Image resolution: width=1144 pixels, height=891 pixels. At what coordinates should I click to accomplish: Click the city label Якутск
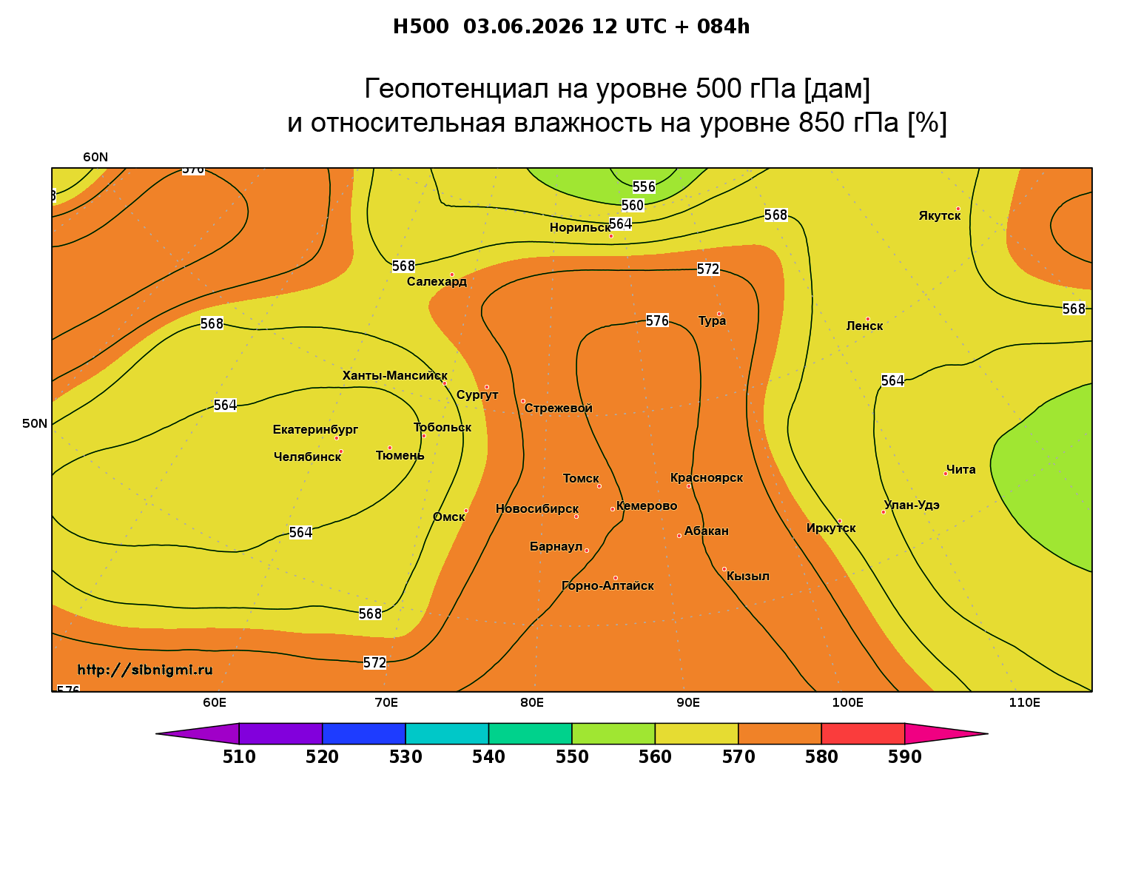(x=939, y=216)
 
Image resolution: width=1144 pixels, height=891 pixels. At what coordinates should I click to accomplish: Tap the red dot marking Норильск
(x=610, y=236)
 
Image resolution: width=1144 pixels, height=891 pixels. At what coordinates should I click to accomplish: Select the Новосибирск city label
(x=537, y=509)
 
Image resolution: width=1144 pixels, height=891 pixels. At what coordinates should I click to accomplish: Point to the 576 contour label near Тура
(x=657, y=320)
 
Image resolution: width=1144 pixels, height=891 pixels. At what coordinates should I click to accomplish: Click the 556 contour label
(x=644, y=186)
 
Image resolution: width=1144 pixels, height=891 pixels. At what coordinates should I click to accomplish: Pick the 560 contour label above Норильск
(x=632, y=205)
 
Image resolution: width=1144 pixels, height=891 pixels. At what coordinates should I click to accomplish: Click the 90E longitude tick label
(x=687, y=703)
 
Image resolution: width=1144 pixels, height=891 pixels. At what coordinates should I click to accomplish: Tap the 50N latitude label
(x=35, y=423)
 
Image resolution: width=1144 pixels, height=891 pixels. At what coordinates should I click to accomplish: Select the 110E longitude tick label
(x=1024, y=703)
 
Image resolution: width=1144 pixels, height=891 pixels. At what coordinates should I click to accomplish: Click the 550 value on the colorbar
(x=572, y=757)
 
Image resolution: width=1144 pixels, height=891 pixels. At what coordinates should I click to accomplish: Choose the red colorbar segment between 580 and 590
(x=862, y=733)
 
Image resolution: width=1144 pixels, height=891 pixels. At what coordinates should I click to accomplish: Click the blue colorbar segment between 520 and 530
(x=364, y=733)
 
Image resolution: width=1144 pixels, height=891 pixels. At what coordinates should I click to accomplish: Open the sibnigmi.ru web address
(x=145, y=670)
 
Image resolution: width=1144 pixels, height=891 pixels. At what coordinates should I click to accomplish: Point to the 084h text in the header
(x=723, y=27)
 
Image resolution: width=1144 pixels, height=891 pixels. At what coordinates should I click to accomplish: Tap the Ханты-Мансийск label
(x=394, y=375)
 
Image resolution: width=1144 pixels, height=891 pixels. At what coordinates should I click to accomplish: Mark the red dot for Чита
(x=946, y=474)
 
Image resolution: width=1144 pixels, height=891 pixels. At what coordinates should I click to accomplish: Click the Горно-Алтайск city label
(x=608, y=586)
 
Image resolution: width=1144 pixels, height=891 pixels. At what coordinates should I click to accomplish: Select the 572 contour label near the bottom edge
(x=374, y=662)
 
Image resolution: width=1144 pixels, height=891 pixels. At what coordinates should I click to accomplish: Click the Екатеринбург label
(x=314, y=429)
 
